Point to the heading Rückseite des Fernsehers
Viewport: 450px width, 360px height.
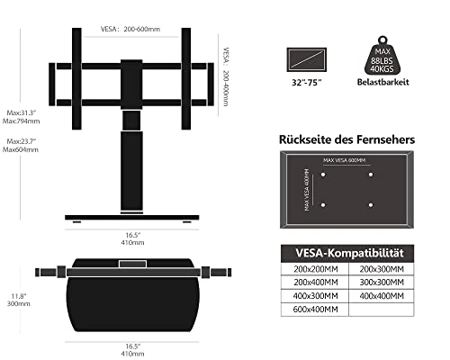click(347, 139)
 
